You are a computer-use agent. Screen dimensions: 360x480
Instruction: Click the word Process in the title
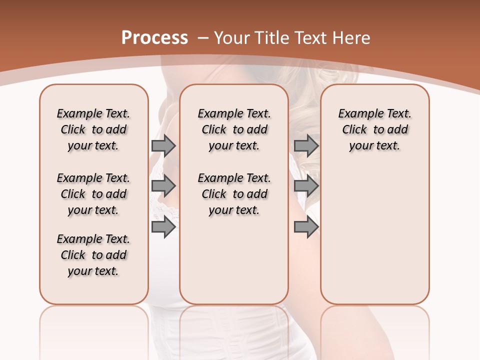pos(154,38)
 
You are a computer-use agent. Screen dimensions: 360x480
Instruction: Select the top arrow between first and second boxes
pos(163,145)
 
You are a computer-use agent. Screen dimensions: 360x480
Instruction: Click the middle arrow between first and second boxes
pos(163,186)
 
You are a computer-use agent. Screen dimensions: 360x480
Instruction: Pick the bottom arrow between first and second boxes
pos(163,227)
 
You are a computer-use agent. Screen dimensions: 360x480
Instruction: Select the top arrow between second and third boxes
pos(306,145)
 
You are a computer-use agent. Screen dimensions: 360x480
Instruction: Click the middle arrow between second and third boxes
pos(306,186)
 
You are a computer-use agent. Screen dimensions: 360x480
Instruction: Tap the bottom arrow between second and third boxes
pos(306,227)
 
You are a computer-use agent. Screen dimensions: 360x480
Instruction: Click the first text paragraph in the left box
pos(93,129)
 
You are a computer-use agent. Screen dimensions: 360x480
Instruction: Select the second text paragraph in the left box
pos(93,194)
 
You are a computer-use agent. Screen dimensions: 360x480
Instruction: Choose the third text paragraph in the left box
pos(93,255)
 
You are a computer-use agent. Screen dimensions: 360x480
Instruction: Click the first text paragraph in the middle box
pos(234,129)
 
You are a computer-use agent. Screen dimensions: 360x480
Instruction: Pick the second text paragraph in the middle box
pos(234,194)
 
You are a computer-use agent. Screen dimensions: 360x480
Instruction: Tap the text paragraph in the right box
pos(374,129)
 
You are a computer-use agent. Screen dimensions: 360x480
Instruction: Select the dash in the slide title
pos(203,38)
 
